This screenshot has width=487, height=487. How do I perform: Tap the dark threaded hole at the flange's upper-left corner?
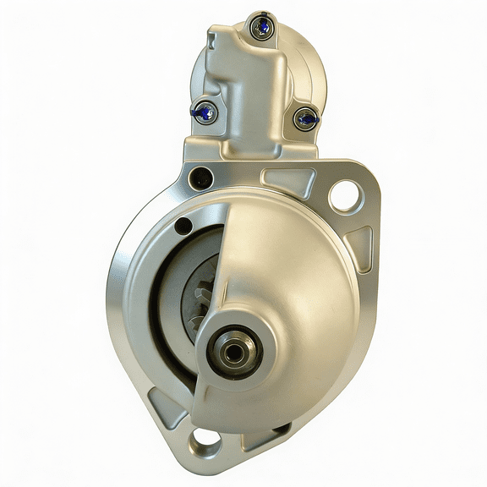[200, 178]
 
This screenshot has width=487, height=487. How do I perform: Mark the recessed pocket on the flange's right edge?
[358, 245]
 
